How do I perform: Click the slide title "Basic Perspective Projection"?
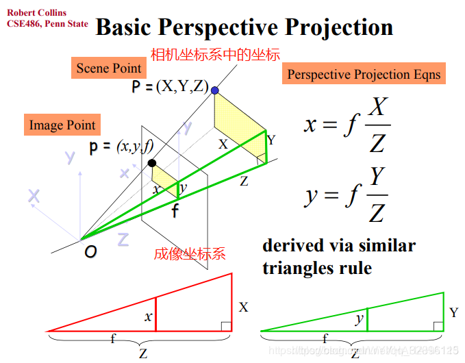click(244, 27)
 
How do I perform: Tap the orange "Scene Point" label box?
click(109, 68)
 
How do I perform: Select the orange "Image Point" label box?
click(62, 125)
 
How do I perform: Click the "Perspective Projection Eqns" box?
click(364, 74)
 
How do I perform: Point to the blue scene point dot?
click(215, 90)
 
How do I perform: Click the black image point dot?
click(152, 163)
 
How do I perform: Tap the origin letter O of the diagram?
click(90, 251)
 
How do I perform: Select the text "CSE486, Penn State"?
click(47, 23)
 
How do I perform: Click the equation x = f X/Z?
click(347, 125)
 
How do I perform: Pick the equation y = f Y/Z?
click(347, 195)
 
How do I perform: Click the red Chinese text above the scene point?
click(215, 53)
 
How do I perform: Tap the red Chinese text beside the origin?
click(190, 254)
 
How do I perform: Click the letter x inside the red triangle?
click(147, 317)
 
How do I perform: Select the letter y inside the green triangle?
click(359, 319)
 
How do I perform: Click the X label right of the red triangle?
click(243, 308)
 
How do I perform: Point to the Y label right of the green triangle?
click(453, 313)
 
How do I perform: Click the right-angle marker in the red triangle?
click(227, 325)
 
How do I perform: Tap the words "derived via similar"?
click(338, 246)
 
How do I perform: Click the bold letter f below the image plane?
click(175, 211)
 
